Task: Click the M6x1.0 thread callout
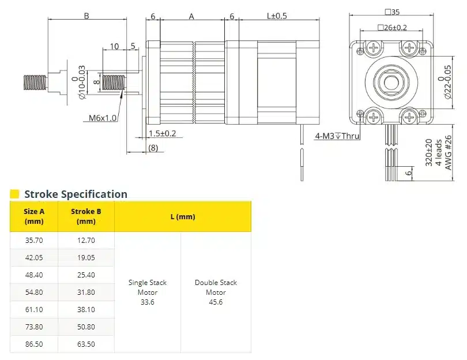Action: click(x=103, y=118)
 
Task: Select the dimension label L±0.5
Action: click(x=277, y=16)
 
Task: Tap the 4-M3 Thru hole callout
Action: click(x=337, y=137)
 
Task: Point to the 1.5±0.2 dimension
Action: click(x=162, y=133)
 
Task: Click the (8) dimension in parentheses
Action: click(x=153, y=148)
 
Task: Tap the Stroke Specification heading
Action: click(x=76, y=194)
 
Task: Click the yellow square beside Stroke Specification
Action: click(x=15, y=194)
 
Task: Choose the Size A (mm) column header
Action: click(x=34, y=216)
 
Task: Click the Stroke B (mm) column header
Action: click(x=86, y=216)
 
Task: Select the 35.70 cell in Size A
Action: click(x=34, y=240)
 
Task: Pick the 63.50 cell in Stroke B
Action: click(x=86, y=344)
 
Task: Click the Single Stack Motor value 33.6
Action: click(x=147, y=302)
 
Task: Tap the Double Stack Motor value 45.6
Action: click(x=216, y=302)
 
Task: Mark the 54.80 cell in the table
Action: click(x=34, y=292)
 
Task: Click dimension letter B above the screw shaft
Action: click(x=86, y=16)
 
